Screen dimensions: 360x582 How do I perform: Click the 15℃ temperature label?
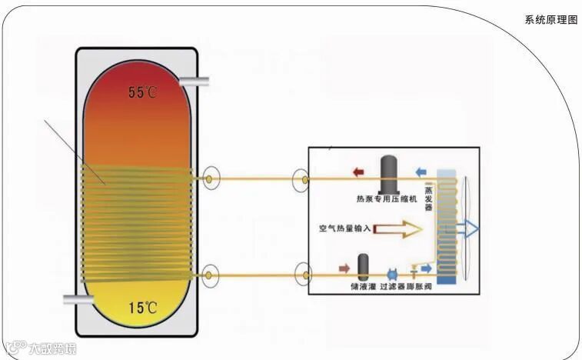coord(143,308)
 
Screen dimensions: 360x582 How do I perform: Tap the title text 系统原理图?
coord(550,19)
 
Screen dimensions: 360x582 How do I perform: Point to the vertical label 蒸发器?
coord(428,198)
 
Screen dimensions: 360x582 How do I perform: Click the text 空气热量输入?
coord(345,228)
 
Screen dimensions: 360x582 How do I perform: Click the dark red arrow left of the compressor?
coord(358,172)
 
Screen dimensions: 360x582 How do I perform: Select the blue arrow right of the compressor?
coord(420,172)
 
